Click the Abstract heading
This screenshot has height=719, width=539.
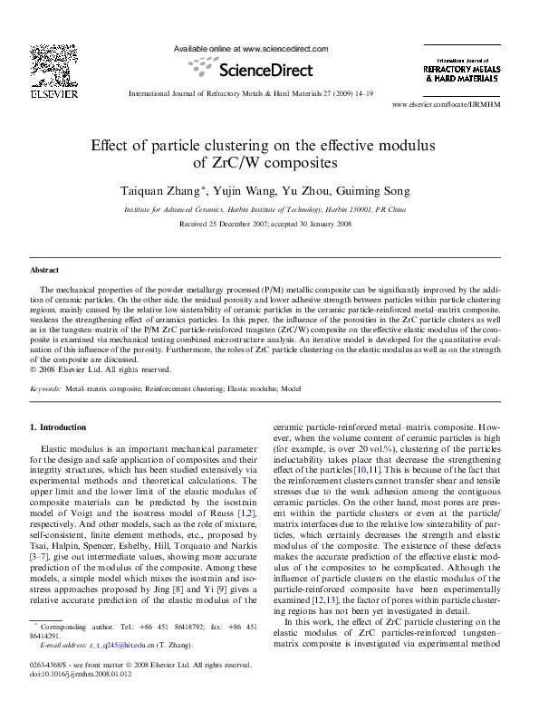[45, 271]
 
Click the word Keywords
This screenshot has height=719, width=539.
[45, 388]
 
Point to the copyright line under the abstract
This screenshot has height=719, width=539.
[100, 369]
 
